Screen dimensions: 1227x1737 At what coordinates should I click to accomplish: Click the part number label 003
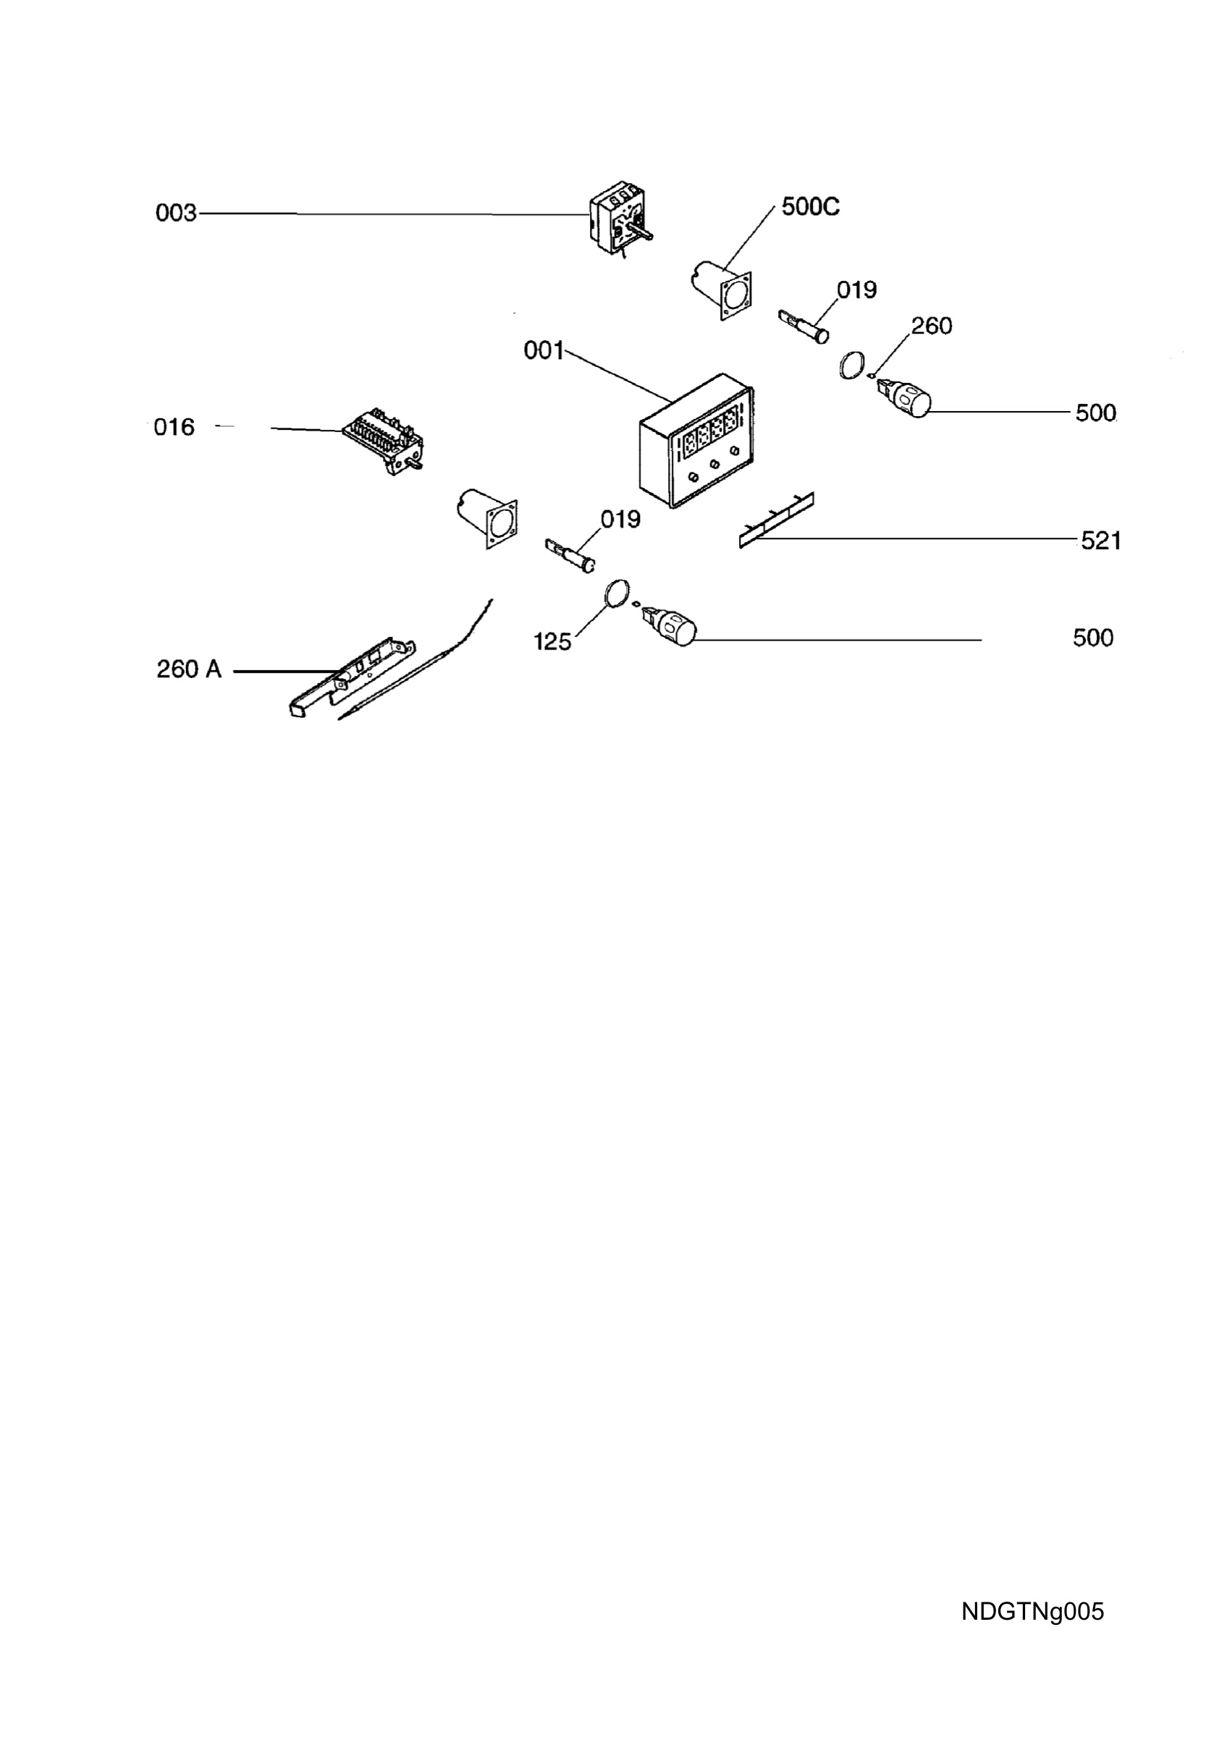[x=175, y=214]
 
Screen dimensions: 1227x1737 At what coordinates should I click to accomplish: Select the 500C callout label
[x=810, y=206]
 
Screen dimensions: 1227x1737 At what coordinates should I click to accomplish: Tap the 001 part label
[x=544, y=350]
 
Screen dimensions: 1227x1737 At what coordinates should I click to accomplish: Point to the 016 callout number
[x=174, y=428]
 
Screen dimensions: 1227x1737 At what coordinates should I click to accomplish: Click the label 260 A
[x=189, y=669]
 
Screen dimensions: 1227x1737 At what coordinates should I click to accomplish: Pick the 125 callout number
[x=552, y=641]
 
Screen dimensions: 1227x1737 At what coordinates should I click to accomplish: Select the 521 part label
[x=1100, y=540]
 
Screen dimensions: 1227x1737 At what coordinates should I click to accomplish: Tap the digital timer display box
[x=696, y=440]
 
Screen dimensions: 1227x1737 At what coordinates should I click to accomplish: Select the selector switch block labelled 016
[x=384, y=441]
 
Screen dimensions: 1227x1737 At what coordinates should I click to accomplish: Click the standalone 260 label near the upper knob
[x=931, y=326]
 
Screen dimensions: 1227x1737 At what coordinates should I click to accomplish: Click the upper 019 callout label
[x=856, y=289]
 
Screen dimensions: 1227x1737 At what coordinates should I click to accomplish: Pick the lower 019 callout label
[x=620, y=519]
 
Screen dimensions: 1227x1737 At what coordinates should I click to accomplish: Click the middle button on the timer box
[x=714, y=465]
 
